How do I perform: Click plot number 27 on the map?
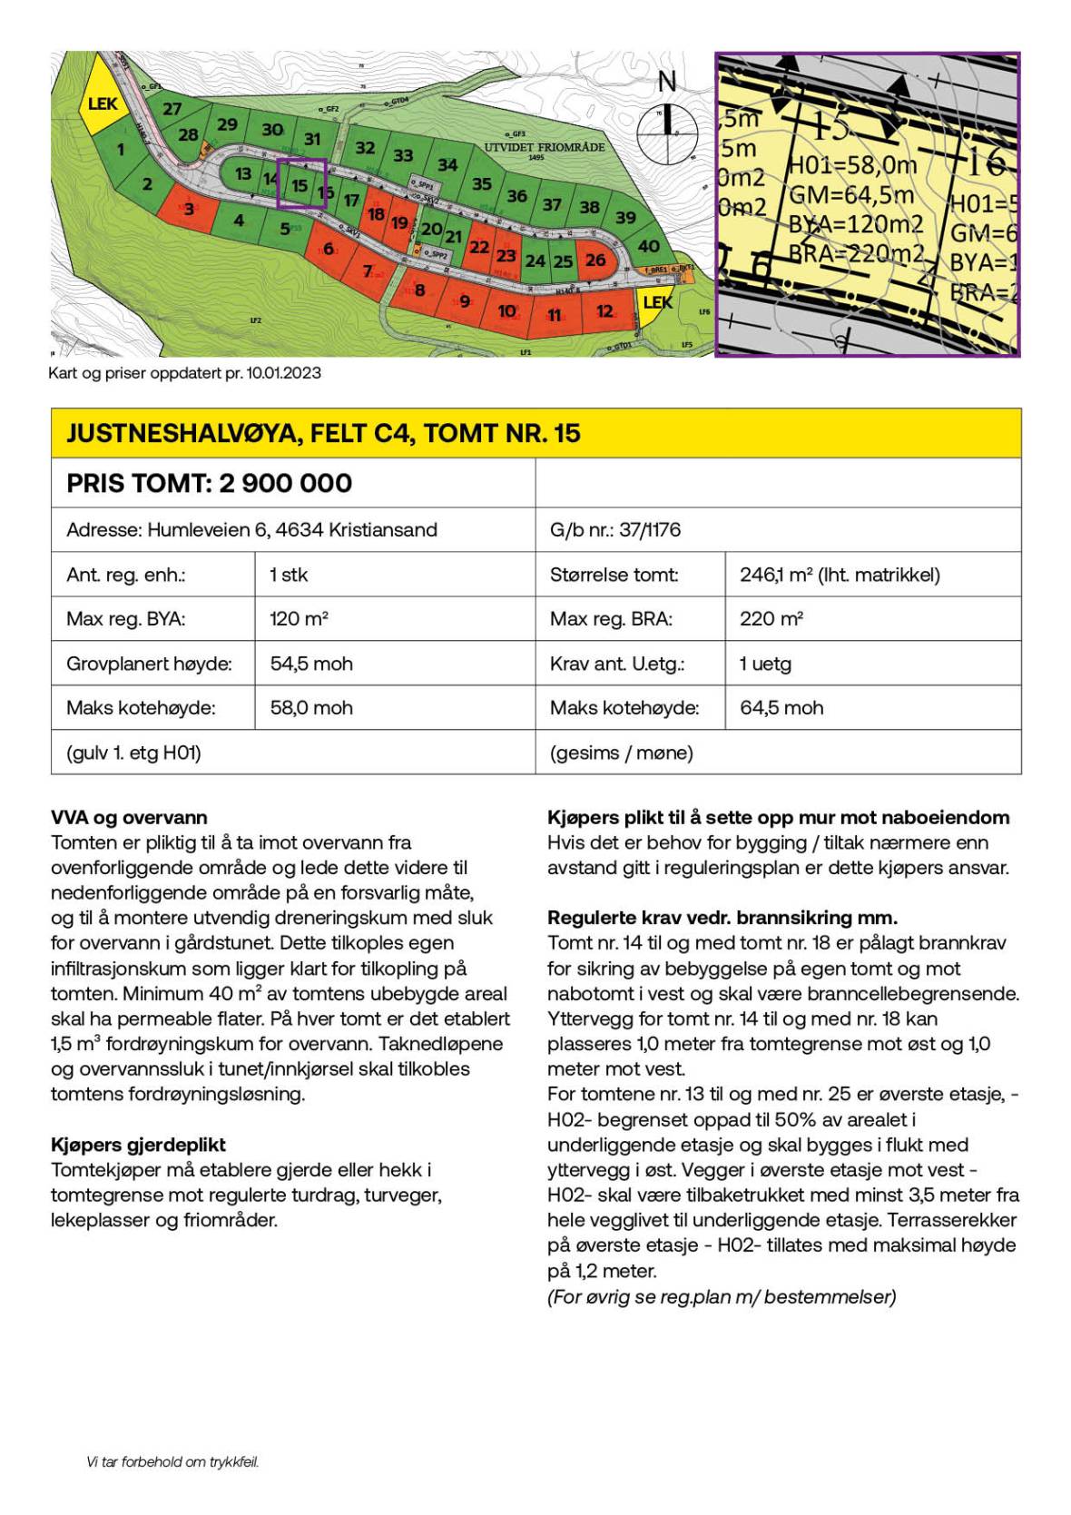click(x=172, y=109)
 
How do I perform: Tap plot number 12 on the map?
click(x=604, y=311)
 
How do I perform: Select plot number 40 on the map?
click(x=648, y=246)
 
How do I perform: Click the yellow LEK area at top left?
click(x=102, y=104)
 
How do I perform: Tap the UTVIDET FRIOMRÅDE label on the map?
click(x=544, y=147)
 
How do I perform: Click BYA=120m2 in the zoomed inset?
click(x=856, y=224)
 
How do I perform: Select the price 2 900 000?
click(x=285, y=483)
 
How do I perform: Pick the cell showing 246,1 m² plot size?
click(x=840, y=575)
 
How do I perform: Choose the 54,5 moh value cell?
click(x=311, y=664)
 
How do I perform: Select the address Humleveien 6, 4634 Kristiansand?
click(x=251, y=529)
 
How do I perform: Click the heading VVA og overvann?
click(x=129, y=817)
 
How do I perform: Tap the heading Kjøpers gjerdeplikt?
click(x=138, y=1145)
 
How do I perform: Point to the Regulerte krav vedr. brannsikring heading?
click(x=722, y=917)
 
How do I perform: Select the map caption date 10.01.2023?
click(x=283, y=373)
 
